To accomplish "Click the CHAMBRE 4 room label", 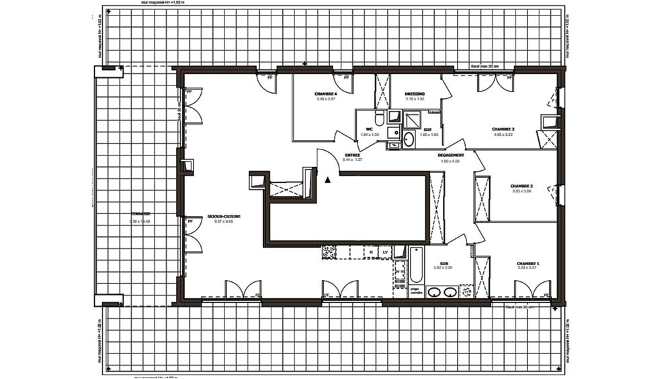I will pos(325,93).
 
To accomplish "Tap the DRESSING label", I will pos(415,94).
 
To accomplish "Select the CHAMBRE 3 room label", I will pos(503,129).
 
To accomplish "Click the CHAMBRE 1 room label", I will pos(528,263).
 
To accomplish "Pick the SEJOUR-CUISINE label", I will pos(224,216).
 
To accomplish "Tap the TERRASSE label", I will pos(140,215).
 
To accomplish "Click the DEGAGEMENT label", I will pos(451,154).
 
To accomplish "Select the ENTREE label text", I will pos(352,154).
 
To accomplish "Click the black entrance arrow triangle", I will pos(327,180).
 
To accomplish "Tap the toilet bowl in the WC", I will pos(380,120).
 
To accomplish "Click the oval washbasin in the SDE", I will pos(409,139).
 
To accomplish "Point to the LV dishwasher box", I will pos(386,252).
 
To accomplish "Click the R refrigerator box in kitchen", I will pos(371,252).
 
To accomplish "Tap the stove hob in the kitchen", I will pos(329,252).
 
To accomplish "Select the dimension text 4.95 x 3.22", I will pos(503,135).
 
